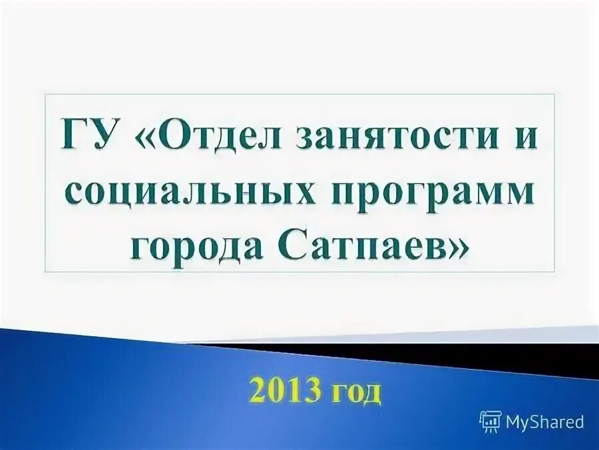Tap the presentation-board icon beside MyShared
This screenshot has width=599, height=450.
(x=491, y=421)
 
